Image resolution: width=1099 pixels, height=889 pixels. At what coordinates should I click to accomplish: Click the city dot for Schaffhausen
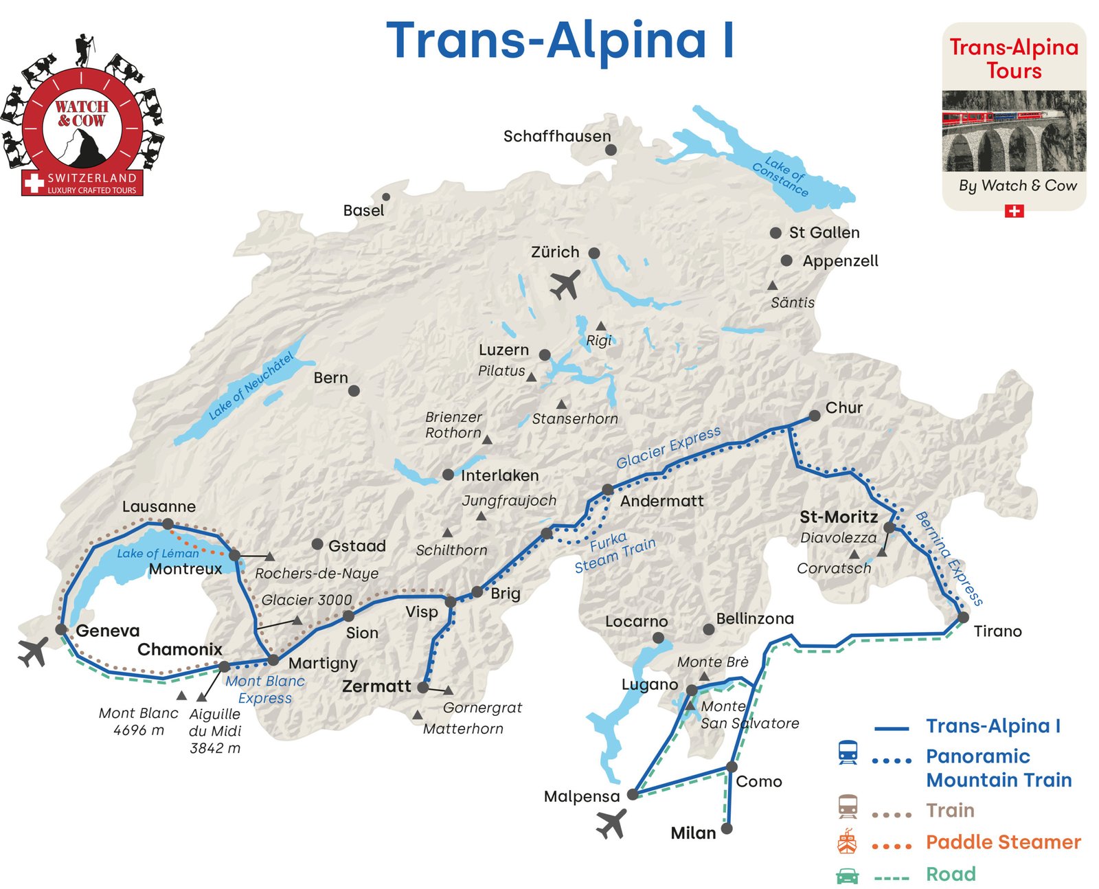(x=611, y=150)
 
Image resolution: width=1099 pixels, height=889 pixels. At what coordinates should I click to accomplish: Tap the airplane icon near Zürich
(x=565, y=284)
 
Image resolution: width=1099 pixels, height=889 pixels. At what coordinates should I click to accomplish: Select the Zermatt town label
(x=376, y=686)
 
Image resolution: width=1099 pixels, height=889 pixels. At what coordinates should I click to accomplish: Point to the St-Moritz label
(x=839, y=517)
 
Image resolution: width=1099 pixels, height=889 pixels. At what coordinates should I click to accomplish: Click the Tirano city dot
(x=963, y=618)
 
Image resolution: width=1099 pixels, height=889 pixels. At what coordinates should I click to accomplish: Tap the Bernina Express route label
(x=949, y=559)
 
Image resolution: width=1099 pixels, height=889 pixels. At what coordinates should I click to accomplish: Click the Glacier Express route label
(x=668, y=447)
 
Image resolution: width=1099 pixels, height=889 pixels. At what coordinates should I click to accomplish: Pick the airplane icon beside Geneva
(x=33, y=652)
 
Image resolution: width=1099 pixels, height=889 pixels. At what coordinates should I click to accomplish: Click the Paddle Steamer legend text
(x=1003, y=842)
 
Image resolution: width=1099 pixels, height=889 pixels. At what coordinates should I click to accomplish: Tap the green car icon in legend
(x=847, y=875)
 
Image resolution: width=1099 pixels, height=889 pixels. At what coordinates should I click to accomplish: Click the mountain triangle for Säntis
(x=772, y=285)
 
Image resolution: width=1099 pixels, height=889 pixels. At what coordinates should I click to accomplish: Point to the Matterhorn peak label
(x=463, y=728)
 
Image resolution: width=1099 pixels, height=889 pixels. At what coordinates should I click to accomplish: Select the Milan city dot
(x=726, y=829)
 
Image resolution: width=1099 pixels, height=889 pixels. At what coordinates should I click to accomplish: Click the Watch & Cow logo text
(x=81, y=113)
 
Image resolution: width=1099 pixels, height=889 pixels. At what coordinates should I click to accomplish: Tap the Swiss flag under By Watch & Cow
(x=1014, y=211)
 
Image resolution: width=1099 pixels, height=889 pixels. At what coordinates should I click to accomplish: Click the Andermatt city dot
(x=607, y=490)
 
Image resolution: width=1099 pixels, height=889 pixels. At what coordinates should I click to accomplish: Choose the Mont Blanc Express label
(x=264, y=689)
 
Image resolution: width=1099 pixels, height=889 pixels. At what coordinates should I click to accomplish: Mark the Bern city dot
(x=354, y=391)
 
